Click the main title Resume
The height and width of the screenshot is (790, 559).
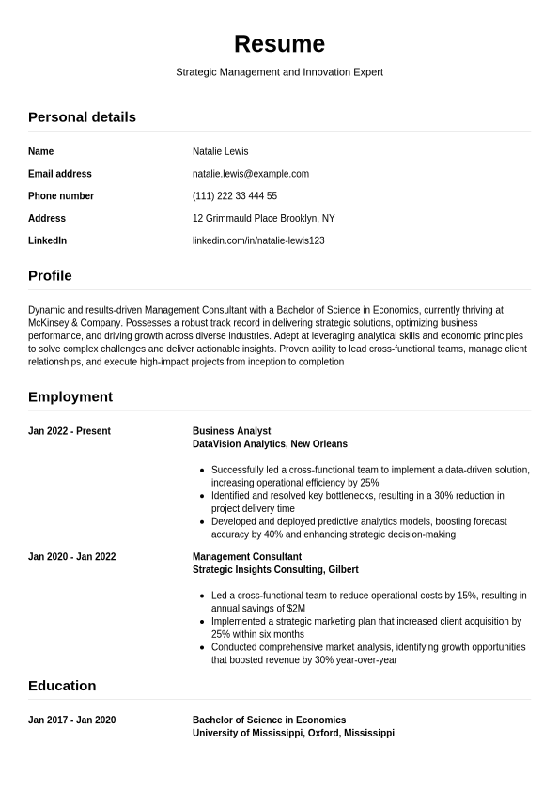point(279,44)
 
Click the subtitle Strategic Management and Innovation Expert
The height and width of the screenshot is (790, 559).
point(279,71)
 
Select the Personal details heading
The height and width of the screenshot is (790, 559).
point(82,117)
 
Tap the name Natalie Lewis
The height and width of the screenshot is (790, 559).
point(220,151)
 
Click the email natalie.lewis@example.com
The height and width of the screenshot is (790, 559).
point(250,174)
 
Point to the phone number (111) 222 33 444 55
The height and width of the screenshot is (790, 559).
point(234,196)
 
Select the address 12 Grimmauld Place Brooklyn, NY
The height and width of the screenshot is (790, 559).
point(263,219)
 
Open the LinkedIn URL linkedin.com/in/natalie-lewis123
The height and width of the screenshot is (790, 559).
point(258,241)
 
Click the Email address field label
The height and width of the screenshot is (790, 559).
point(60,174)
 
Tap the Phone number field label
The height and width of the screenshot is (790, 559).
point(61,196)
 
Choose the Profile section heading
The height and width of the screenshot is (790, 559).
point(50,276)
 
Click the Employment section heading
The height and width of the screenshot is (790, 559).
point(70,397)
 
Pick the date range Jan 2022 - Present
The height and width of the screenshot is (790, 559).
point(70,431)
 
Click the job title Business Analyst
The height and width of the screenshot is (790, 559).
point(231,431)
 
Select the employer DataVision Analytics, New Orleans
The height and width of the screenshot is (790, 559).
point(270,444)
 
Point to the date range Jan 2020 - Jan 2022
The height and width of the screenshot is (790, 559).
point(72,557)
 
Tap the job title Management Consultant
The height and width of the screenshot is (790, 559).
point(247,557)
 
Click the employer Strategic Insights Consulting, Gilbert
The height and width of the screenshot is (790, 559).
point(275,570)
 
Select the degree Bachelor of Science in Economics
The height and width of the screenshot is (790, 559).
point(269,720)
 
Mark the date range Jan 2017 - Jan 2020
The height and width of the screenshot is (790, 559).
point(72,720)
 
